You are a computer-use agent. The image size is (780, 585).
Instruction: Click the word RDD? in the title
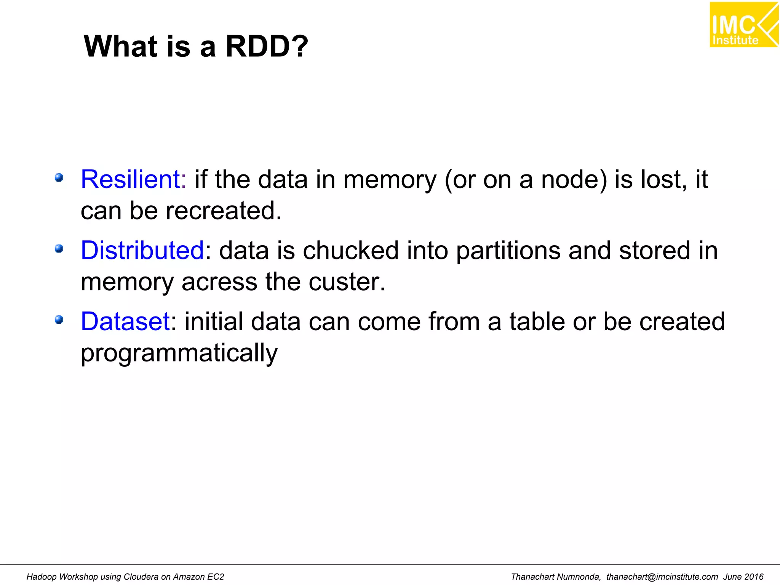click(267, 46)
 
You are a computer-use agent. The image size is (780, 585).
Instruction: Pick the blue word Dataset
click(125, 321)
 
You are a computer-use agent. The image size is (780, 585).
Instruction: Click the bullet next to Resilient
click(59, 177)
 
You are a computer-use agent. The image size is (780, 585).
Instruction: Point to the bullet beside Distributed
click(59, 249)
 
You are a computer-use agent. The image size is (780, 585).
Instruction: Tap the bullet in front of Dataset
click(59, 320)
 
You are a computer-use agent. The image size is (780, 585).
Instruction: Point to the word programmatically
click(179, 353)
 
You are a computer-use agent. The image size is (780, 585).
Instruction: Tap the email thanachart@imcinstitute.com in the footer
click(662, 577)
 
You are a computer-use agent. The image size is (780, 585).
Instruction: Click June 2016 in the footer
click(743, 577)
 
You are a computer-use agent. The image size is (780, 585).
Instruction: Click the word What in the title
click(120, 46)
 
